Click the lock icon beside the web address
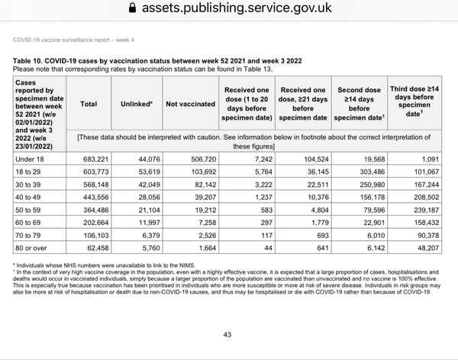pyautogui.click(x=135, y=9)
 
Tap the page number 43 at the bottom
pyautogui.click(x=227, y=335)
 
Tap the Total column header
pyautogui.click(x=89, y=103)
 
